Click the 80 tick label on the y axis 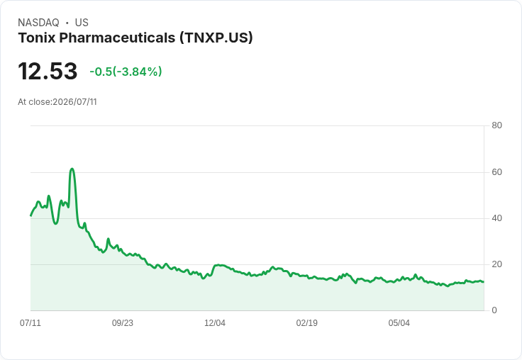(x=496, y=125)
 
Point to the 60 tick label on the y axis (x=496, y=172)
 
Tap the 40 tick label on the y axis (x=496, y=218)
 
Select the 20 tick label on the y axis (x=496, y=264)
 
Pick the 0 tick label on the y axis (x=494, y=310)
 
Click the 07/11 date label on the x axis (x=30, y=323)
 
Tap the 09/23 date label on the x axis (x=123, y=323)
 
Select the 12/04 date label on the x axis (x=215, y=323)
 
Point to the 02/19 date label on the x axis (x=307, y=323)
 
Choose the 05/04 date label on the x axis (x=399, y=323)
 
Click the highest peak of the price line (x=72, y=169)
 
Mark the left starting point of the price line (x=30, y=216)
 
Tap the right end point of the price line (x=484, y=282)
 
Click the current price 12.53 (x=48, y=71)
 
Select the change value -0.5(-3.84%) (x=126, y=72)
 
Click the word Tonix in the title (x=36, y=38)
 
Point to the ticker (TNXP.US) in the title (x=216, y=38)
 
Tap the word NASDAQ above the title (x=38, y=23)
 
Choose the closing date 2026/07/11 (x=75, y=102)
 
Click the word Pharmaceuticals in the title (x=117, y=38)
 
